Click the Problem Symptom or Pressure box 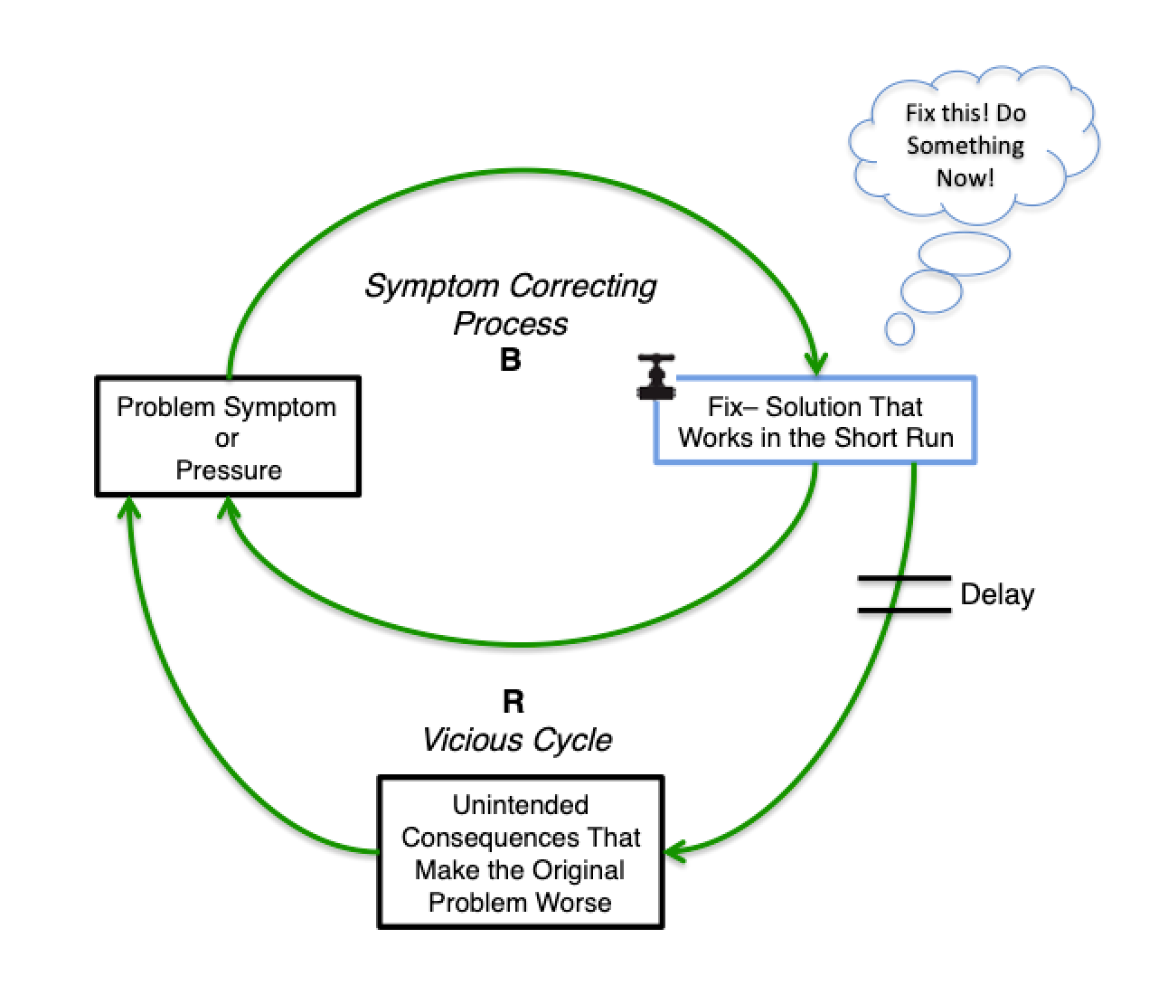(228, 437)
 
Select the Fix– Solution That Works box (815, 422)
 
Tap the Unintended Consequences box (521, 852)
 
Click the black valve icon (655, 376)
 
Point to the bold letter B (511, 360)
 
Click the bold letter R (513, 701)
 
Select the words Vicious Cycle (517, 740)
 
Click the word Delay (997, 594)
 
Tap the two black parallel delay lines (903, 593)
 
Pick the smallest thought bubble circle (900, 328)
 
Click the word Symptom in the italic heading (432, 286)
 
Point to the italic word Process (511, 323)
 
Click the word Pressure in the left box (229, 470)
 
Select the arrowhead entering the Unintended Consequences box (674, 850)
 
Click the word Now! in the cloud (965, 177)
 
